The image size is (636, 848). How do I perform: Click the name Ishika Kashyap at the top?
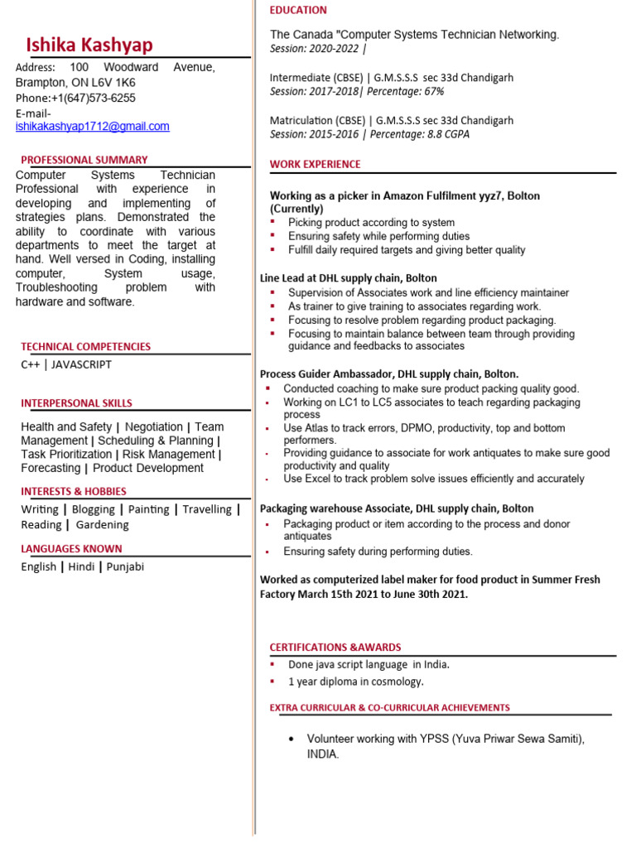coord(89,45)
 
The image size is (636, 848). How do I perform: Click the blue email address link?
coord(93,127)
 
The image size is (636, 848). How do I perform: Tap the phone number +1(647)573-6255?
coord(94,98)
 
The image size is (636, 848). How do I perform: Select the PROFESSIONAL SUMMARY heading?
coord(84,160)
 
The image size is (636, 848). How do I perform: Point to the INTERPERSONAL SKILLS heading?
coord(76,403)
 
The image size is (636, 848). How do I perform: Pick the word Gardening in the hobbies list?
coord(103,524)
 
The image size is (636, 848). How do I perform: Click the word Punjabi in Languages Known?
coord(124,566)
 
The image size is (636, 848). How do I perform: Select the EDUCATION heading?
coord(298,10)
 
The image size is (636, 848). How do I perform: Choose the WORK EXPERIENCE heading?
coord(316,164)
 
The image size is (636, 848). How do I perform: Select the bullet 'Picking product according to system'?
coord(371,223)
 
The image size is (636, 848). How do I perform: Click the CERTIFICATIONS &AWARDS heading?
coord(335,647)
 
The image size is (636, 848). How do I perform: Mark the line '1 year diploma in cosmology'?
coord(356,682)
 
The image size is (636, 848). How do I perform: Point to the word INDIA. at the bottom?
coord(323,754)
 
